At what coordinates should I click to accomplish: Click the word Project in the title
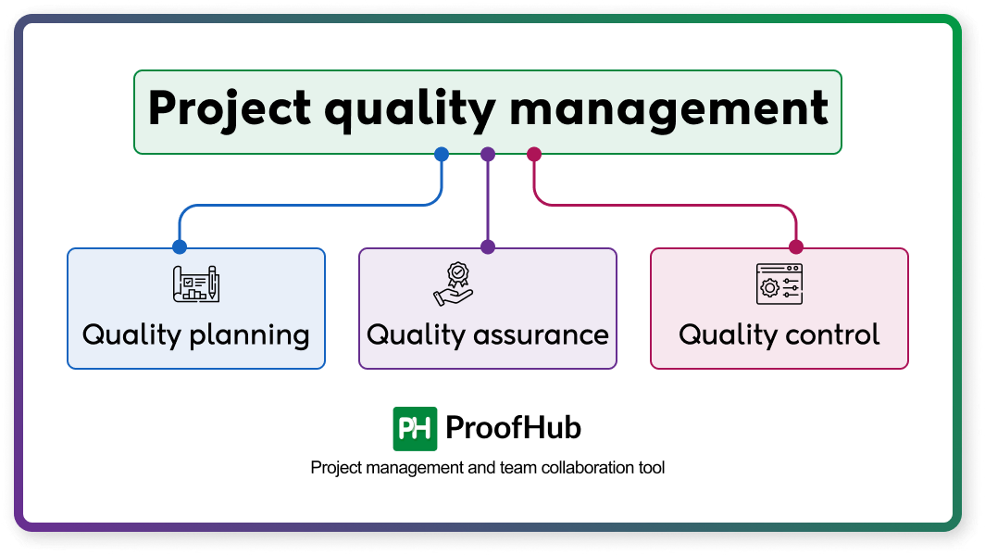pos(229,109)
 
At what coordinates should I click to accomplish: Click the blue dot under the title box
pos(442,155)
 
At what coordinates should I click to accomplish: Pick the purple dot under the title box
pos(488,155)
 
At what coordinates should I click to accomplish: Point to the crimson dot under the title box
pos(533,155)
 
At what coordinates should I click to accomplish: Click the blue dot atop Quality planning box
pos(180,247)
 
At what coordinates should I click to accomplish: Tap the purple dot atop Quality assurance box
pos(488,247)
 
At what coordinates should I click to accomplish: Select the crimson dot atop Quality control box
pos(795,247)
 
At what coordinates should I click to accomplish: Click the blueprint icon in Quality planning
pos(196,284)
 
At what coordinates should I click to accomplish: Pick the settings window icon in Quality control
pos(779,284)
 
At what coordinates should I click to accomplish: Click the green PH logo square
pos(415,428)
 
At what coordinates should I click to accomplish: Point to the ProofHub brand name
pos(513,428)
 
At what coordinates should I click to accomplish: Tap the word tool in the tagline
pos(651,468)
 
